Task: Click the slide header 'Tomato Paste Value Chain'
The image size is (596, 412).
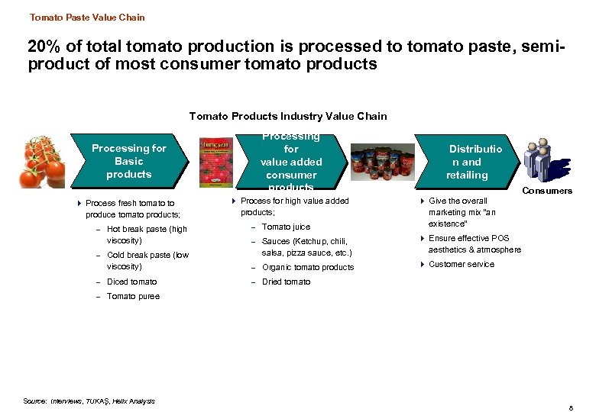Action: pos(87,17)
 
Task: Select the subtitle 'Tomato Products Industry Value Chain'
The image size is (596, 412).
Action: pos(288,116)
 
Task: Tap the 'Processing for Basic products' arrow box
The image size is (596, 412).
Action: pos(128,161)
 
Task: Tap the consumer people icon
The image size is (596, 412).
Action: pos(547,160)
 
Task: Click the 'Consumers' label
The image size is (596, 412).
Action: pos(548,191)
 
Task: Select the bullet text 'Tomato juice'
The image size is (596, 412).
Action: pos(286,227)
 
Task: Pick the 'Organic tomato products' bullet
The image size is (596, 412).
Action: pos(308,267)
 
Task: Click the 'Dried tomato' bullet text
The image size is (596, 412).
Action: pos(286,282)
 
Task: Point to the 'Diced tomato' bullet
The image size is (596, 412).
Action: pos(132,282)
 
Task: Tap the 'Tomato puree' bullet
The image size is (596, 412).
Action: pos(134,296)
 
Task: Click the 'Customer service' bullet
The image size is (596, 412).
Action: pos(462,264)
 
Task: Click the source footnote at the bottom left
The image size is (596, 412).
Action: pos(89,401)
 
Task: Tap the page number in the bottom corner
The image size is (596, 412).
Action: pos(570,408)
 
